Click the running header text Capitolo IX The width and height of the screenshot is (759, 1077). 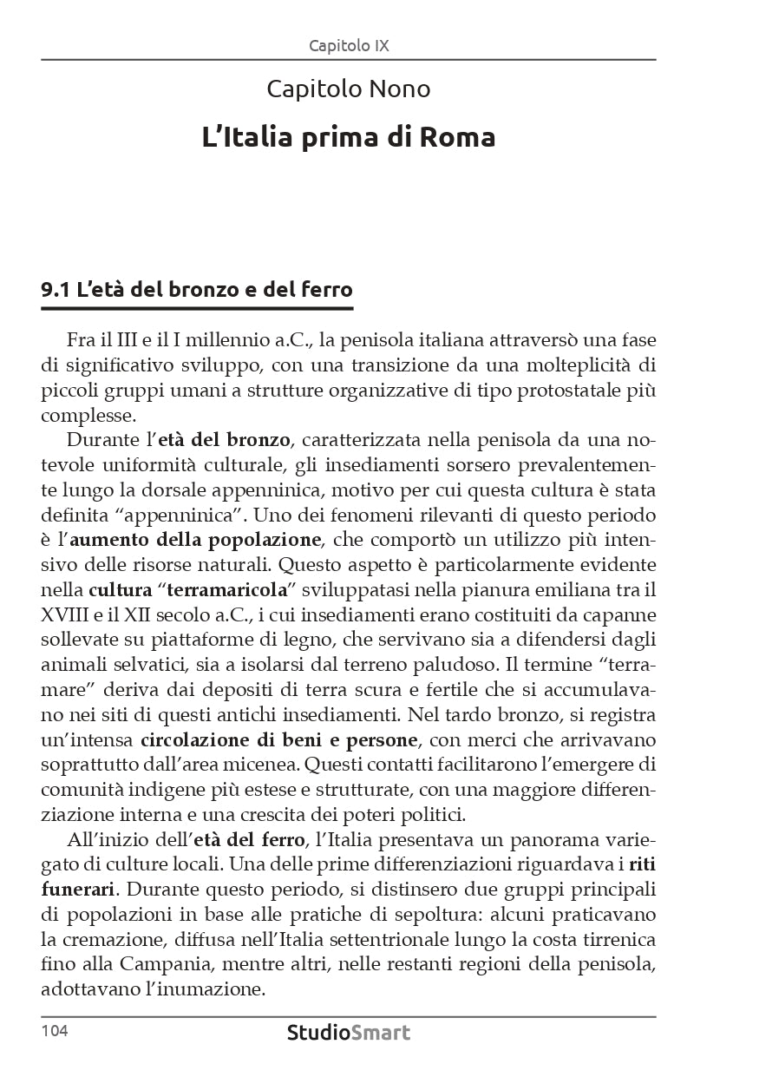click(349, 45)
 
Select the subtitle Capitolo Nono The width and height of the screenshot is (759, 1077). click(349, 89)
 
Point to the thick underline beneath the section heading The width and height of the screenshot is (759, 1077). click(197, 308)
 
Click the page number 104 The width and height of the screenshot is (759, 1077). click(54, 1031)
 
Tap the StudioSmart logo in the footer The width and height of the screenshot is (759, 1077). click(349, 1033)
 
